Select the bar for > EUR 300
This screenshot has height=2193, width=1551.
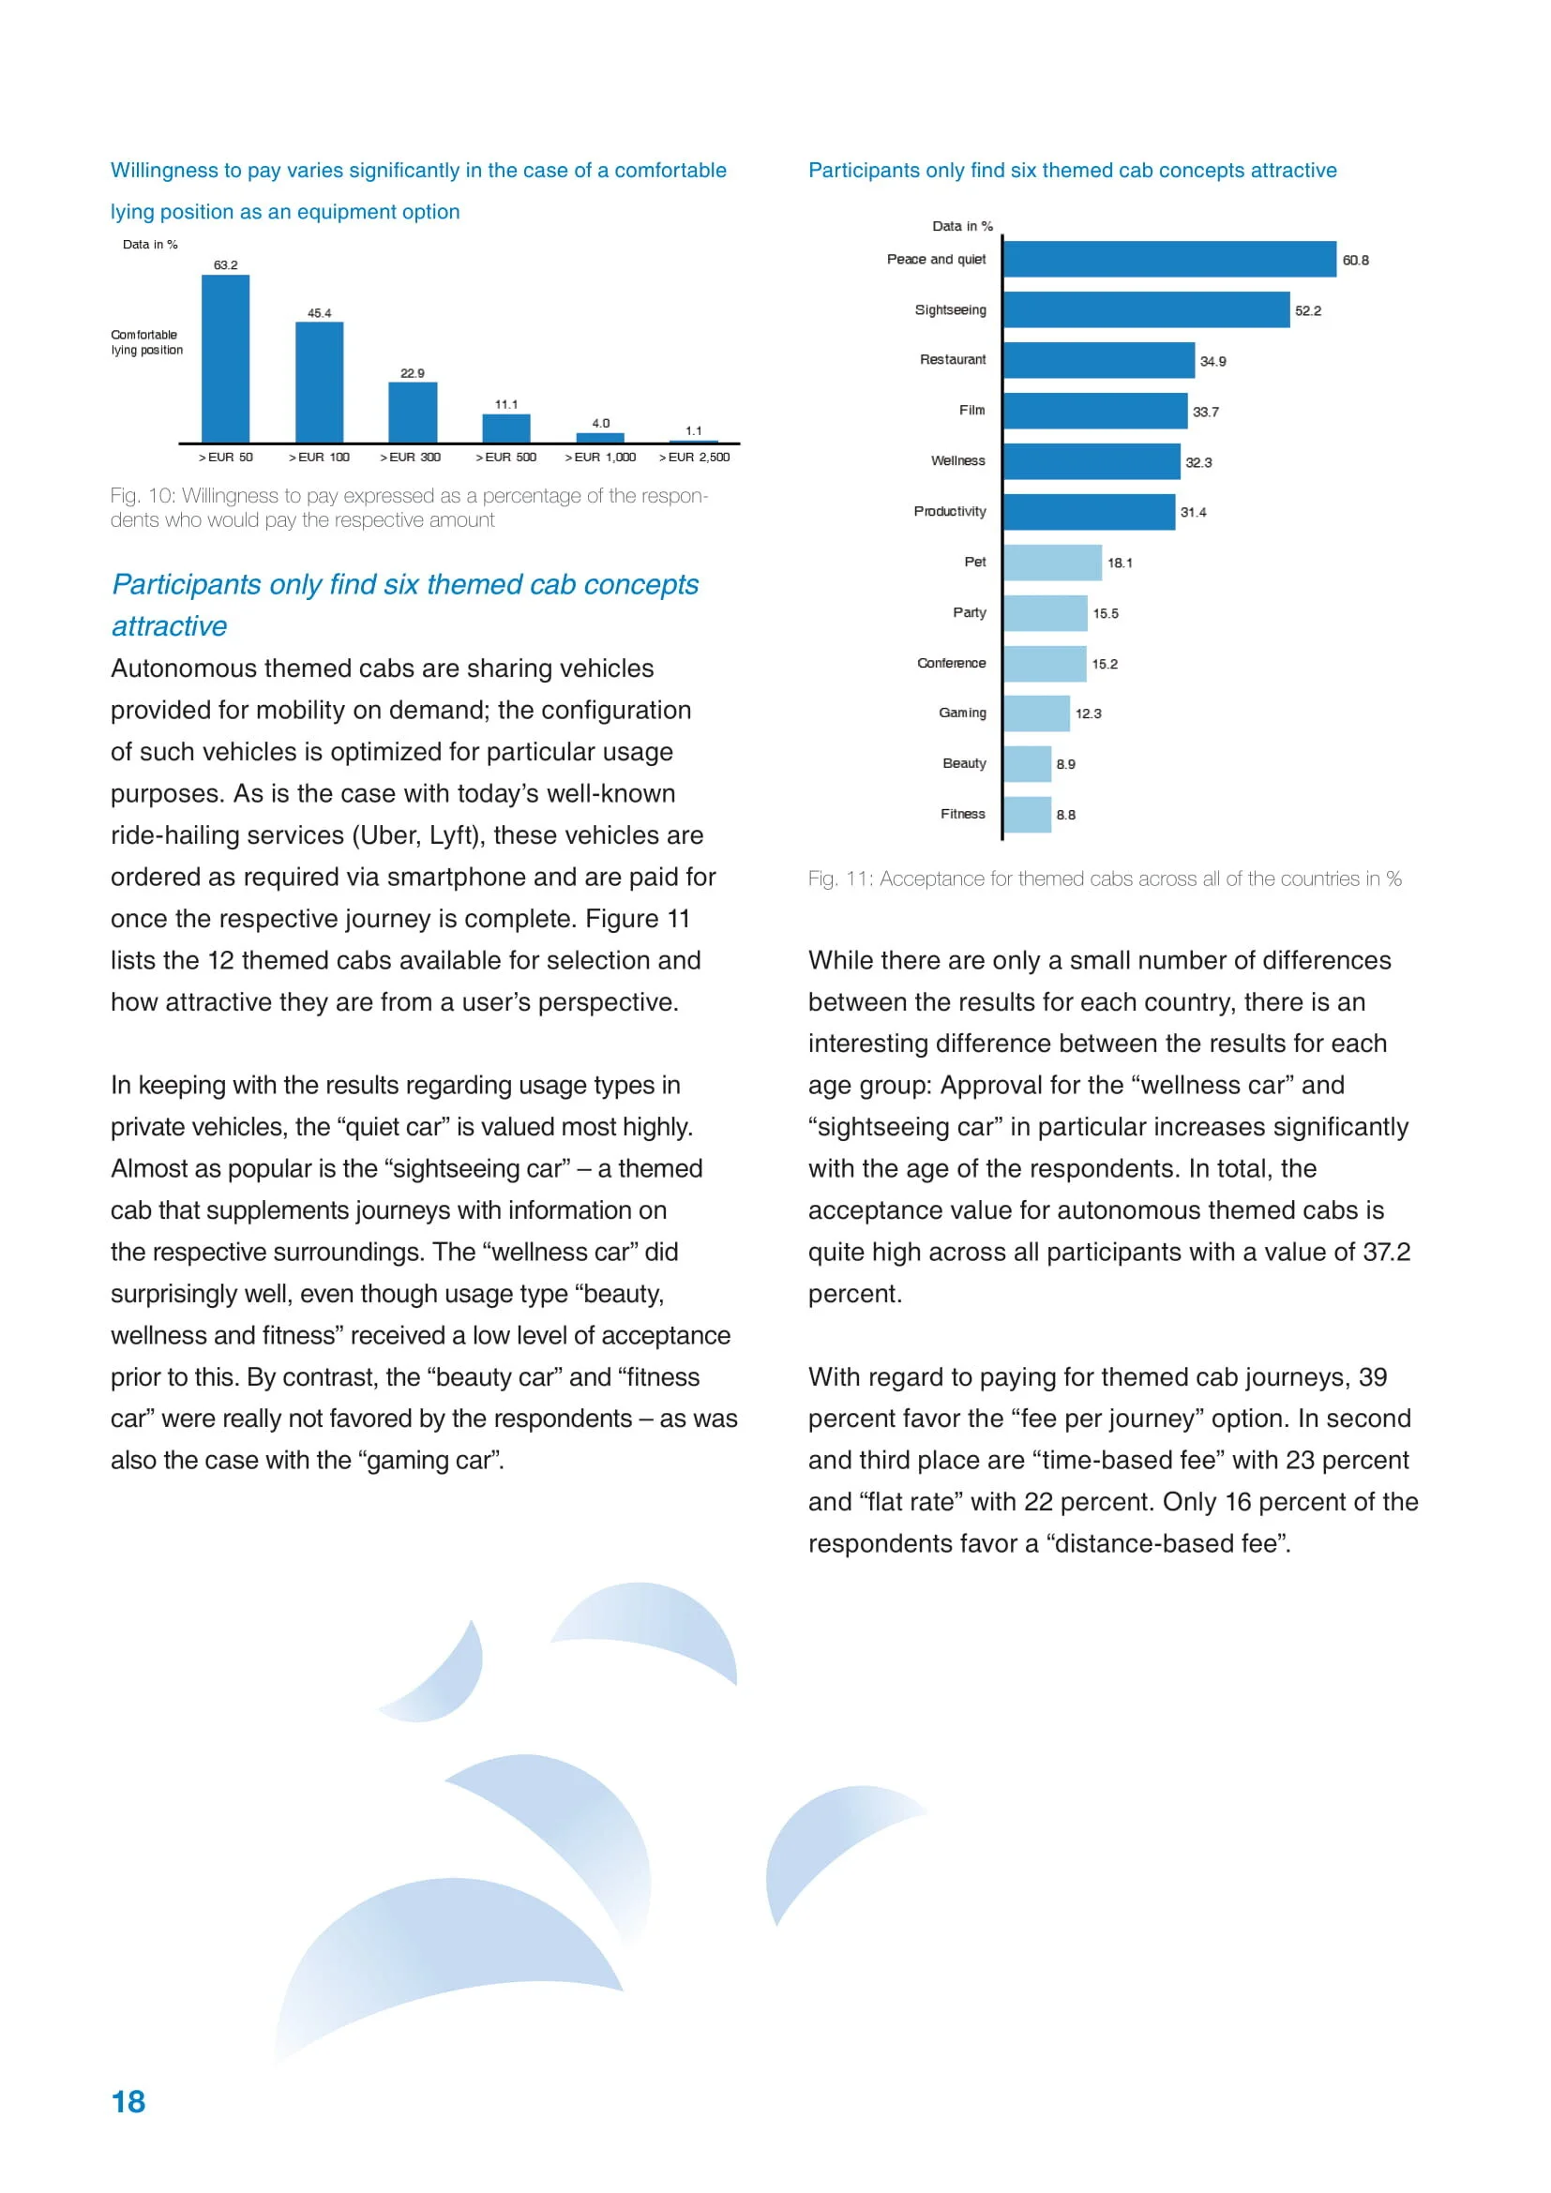(x=413, y=412)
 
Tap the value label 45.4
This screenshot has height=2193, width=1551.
(x=319, y=313)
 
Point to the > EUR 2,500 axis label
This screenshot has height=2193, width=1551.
(x=694, y=458)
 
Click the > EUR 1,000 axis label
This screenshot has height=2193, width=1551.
(x=600, y=458)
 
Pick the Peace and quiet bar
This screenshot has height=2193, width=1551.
(x=1169, y=259)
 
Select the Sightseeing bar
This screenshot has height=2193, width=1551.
(x=1146, y=309)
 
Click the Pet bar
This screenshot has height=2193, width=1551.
(x=1052, y=563)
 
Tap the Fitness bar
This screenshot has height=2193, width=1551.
(x=1028, y=815)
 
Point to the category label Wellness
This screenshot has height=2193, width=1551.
(x=958, y=461)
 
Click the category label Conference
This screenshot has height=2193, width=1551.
(x=951, y=663)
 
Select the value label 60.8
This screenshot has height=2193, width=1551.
(x=1355, y=261)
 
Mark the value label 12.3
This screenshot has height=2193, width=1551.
(x=1088, y=713)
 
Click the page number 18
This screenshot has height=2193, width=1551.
(x=128, y=2102)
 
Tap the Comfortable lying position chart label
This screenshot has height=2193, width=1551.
(x=146, y=343)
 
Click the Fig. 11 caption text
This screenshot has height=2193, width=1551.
(x=1104, y=879)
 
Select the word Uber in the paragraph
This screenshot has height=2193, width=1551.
(x=389, y=835)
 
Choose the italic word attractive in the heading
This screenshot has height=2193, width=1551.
(x=169, y=626)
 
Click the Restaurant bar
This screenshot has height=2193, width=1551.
(x=1098, y=360)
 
